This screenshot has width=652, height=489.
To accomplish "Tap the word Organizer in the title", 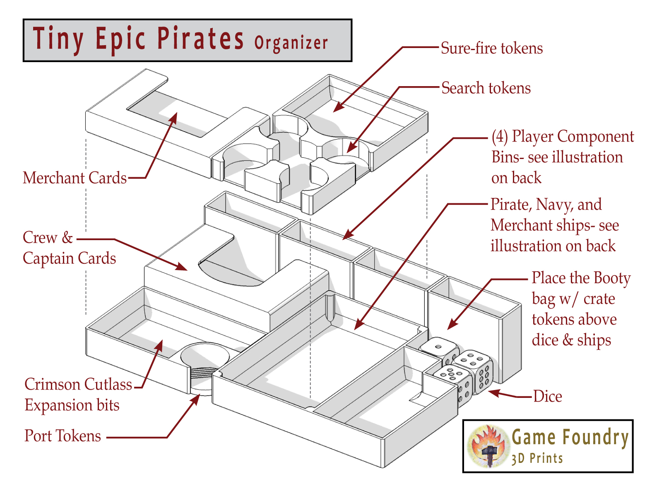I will coord(291,43).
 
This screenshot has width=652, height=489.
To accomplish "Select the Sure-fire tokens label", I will coord(491,48).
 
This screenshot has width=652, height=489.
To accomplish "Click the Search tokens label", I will coord(486,88).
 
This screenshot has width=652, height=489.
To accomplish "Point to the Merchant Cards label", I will coord(75,178).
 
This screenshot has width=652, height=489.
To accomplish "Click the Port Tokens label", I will coord(63,436).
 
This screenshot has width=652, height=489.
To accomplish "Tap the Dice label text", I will coord(547,397).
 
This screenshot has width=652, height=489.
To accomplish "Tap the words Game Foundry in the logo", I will coord(570,437).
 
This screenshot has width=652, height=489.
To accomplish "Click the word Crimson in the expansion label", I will coord(52,384).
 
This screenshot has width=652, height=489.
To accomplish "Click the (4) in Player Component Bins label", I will coord(500,137).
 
